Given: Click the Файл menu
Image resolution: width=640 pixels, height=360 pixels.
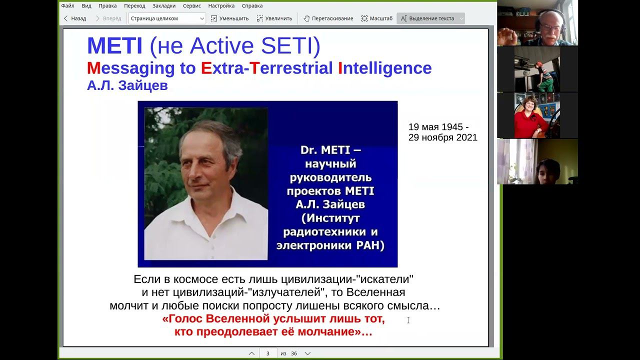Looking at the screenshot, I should click(67, 5).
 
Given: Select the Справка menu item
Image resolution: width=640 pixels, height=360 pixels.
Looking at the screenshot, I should click(252, 5).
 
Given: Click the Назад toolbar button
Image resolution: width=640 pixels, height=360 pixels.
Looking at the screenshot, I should click(74, 18).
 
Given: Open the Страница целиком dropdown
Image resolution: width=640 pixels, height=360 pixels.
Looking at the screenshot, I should click(167, 18).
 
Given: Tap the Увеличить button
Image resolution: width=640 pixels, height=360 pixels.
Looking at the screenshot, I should click(274, 18).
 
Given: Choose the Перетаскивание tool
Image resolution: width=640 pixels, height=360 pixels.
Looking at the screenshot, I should click(328, 18).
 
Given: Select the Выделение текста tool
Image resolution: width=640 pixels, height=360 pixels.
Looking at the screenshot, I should click(430, 18).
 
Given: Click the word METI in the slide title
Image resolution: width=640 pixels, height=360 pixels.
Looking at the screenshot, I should click(115, 46).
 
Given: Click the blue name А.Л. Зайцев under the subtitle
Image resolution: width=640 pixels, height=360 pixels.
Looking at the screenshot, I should click(127, 85).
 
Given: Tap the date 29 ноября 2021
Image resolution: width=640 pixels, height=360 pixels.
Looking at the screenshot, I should click(442, 137).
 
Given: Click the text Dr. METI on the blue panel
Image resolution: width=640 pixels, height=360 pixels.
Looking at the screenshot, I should click(330, 150).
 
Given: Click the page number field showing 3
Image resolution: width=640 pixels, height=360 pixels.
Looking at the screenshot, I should click(268, 353).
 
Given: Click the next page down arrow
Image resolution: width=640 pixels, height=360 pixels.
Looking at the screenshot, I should click(307, 353).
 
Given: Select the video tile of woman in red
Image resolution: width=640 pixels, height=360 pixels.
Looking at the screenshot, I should click(537, 115).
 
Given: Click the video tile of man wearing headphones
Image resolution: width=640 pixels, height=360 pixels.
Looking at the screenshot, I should click(537, 23).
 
